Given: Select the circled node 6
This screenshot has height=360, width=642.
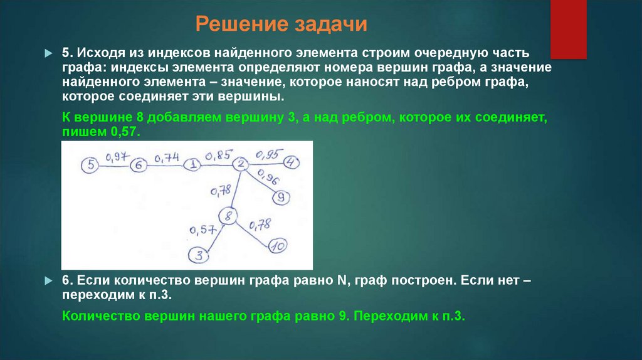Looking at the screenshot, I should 139,165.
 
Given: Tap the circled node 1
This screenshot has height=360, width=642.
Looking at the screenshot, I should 193,165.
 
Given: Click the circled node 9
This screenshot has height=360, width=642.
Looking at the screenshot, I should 281,198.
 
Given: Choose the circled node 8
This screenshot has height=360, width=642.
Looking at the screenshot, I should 229,216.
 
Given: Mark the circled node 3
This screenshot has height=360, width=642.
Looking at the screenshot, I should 199,255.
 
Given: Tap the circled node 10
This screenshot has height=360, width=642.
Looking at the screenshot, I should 278,246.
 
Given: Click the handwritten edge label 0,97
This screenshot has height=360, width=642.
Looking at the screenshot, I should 115,156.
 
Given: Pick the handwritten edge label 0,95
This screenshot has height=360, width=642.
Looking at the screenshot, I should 269,152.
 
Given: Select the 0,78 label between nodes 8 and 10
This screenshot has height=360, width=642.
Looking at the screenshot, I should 260,224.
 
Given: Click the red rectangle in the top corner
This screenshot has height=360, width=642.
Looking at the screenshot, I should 568,29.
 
